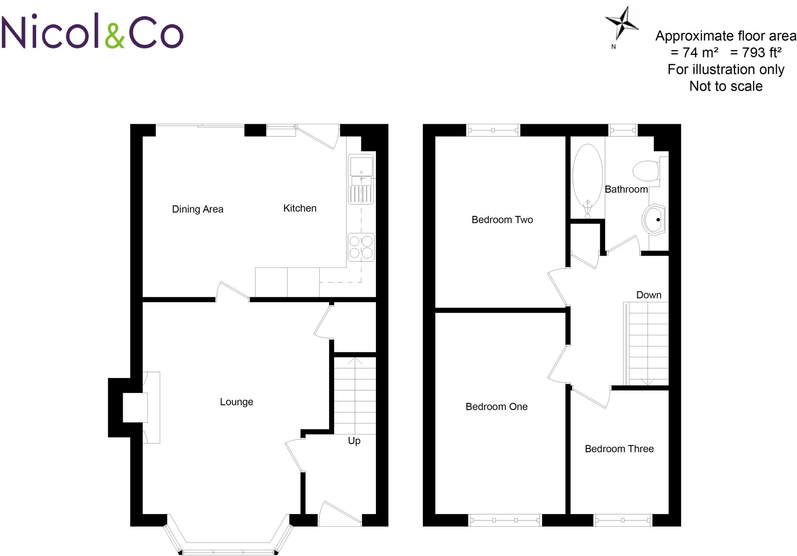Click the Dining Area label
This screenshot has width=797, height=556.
(197, 209)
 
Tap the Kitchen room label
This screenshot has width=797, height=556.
(300, 208)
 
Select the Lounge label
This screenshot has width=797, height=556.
(236, 402)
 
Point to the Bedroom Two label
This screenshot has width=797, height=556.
(502, 220)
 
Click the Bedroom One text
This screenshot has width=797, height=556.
(497, 407)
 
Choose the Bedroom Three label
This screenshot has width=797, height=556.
(619, 449)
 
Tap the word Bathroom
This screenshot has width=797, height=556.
(626, 189)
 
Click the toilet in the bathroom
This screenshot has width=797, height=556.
(646, 171)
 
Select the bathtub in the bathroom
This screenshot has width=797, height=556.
(588, 179)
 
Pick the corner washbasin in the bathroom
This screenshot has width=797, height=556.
(654, 220)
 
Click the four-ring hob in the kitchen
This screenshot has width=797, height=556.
(361, 247)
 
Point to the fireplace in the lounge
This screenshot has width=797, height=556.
(135, 407)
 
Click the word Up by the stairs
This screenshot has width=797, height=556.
(354, 441)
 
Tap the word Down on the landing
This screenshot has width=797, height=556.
(649, 295)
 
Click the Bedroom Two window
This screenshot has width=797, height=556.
(493, 130)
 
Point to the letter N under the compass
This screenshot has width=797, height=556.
(614, 47)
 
